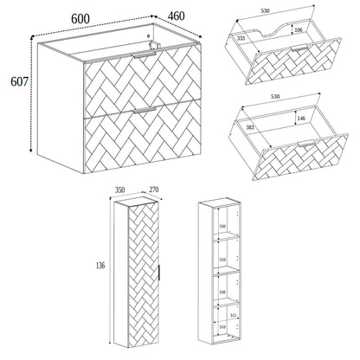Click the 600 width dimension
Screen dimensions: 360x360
click(80, 19)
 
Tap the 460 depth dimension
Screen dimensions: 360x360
click(176, 16)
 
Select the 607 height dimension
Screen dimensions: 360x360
click(20, 81)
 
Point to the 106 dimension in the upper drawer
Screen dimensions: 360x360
click(299, 29)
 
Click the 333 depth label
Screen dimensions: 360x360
click(241, 38)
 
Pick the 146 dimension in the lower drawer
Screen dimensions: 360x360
click(301, 118)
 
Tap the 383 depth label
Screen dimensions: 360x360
click(250, 127)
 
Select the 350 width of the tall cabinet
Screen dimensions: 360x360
click(119, 190)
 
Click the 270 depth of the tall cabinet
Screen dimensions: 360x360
click(154, 190)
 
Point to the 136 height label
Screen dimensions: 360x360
click(100, 266)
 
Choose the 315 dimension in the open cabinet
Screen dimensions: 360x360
click(233, 316)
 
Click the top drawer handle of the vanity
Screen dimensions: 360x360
click(144, 55)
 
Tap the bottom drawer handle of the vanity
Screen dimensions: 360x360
click(145, 110)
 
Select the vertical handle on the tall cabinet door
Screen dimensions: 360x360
click(159, 273)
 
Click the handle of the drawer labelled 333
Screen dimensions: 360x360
click(299, 48)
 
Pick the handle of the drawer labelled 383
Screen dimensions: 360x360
click(306, 143)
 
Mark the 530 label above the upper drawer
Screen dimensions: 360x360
click(265, 11)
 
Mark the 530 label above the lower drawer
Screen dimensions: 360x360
click(275, 96)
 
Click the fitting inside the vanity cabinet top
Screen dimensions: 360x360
click(153, 45)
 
